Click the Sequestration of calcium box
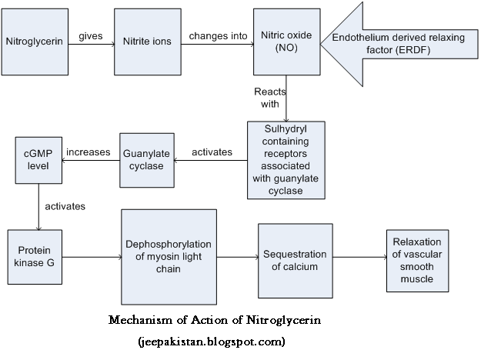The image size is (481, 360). pyautogui.click(x=296, y=260)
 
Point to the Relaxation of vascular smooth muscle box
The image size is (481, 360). pyautogui.click(x=418, y=260)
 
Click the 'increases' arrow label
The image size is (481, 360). pyautogui.click(x=89, y=152)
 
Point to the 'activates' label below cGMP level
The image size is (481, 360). pyautogui.click(x=65, y=206)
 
